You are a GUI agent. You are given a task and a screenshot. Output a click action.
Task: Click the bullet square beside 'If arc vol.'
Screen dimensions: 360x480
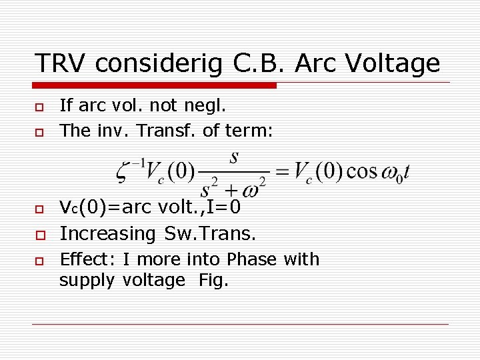(39, 107)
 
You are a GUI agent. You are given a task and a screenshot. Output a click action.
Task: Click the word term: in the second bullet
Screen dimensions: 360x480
(247, 131)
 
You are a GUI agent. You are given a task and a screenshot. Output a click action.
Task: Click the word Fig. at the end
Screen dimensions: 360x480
(213, 281)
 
